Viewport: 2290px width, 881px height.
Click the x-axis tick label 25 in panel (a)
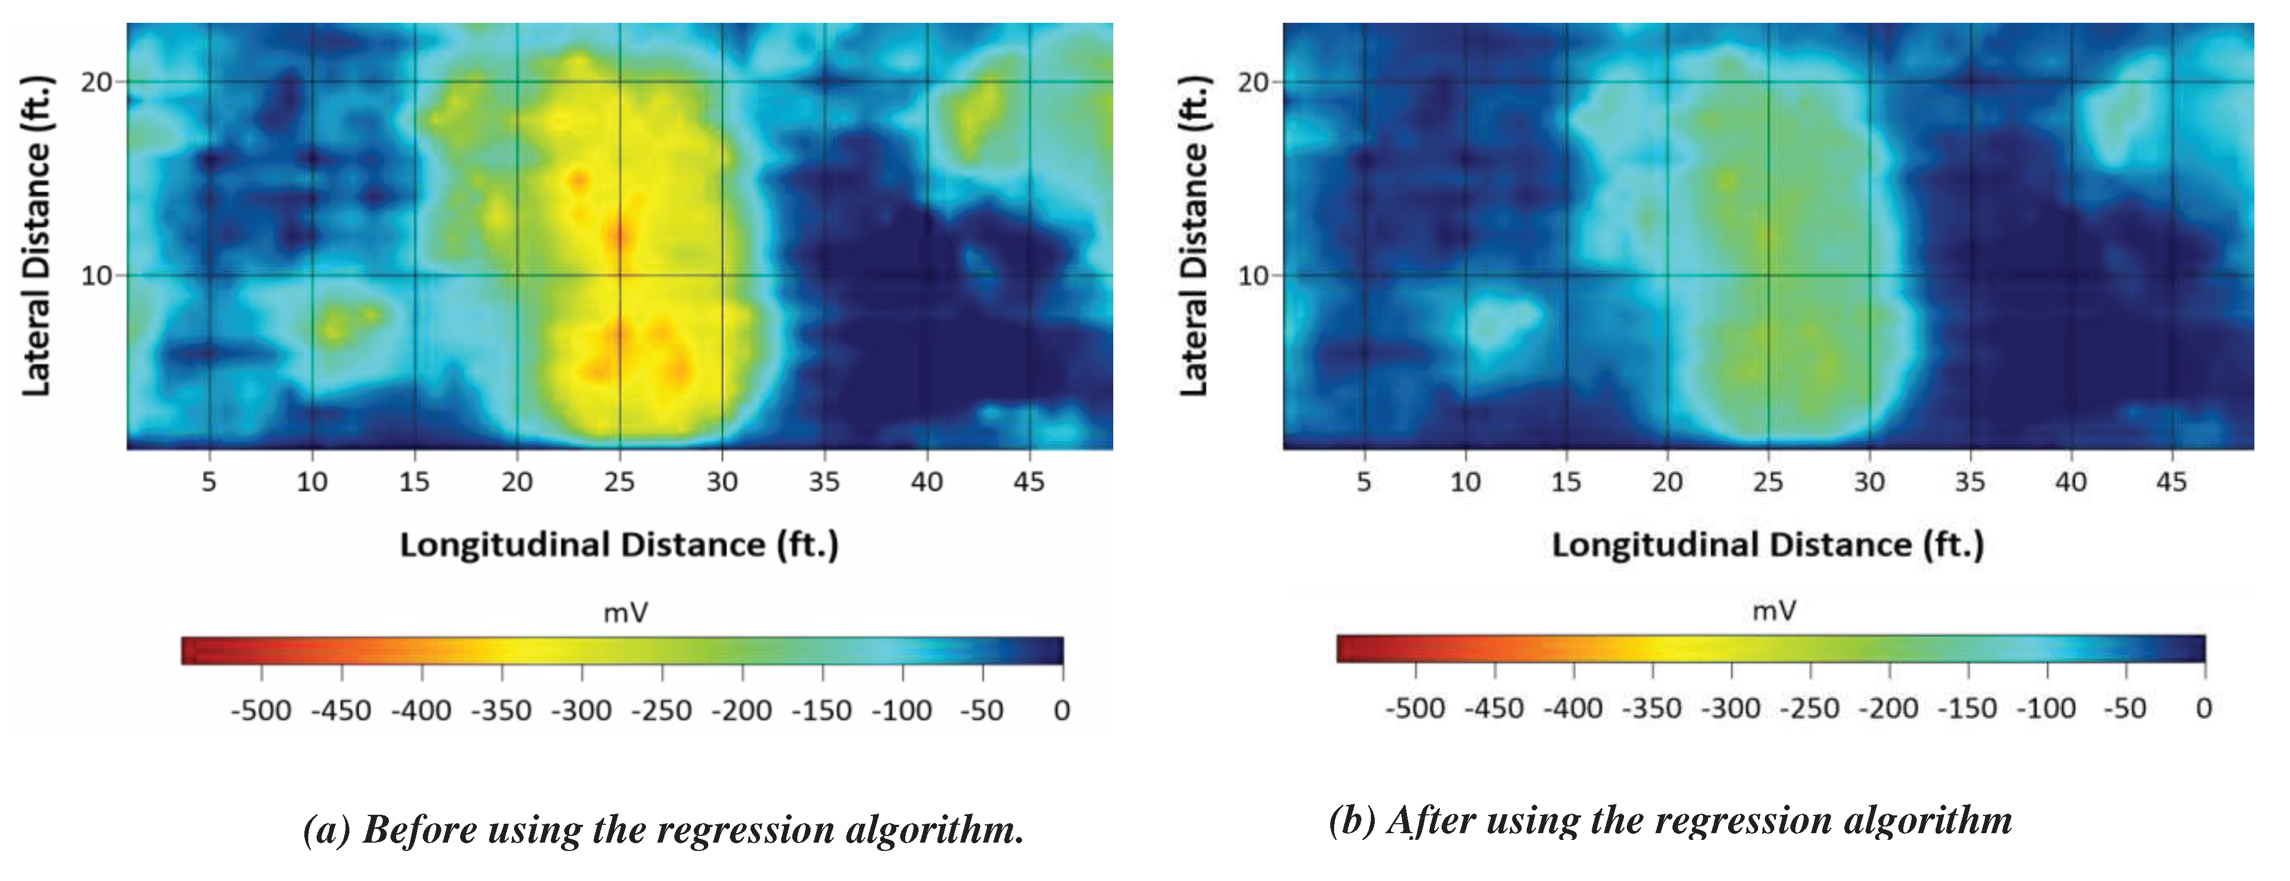pos(620,482)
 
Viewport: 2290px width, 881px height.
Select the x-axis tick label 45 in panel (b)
pos(2171,482)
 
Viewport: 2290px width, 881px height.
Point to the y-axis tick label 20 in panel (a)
pos(96,82)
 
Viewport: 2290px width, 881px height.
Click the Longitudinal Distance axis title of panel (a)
pos(619,544)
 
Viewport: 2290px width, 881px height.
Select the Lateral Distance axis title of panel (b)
pos(1194,236)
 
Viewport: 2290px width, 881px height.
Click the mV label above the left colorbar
pos(626,612)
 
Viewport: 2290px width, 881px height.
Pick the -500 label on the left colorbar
pos(260,710)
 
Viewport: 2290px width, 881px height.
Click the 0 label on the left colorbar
pos(1062,710)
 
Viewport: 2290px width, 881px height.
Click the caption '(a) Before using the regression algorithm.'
pos(663,829)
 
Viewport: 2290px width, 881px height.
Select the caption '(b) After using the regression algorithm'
pos(1670,820)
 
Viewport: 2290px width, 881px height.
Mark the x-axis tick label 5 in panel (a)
pos(209,482)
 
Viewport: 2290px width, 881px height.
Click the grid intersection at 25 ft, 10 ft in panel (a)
pos(620,275)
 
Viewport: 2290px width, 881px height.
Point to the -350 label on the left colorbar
pos(501,710)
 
